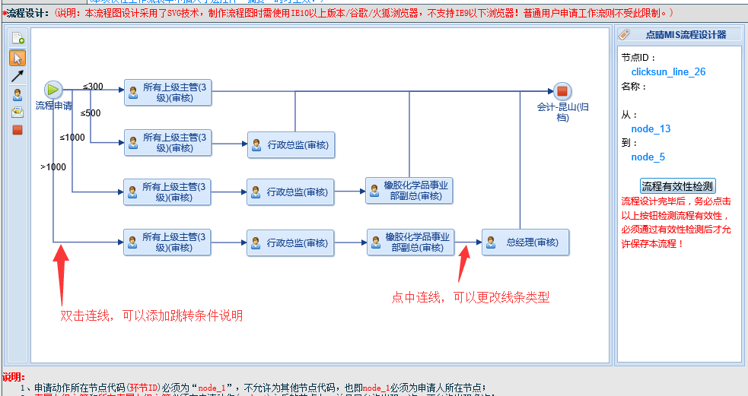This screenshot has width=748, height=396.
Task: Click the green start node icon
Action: click(x=53, y=90)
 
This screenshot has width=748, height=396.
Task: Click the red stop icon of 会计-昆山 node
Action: click(x=562, y=91)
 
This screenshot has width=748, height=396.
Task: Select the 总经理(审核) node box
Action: click(x=525, y=242)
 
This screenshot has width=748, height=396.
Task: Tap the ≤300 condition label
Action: click(x=93, y=86)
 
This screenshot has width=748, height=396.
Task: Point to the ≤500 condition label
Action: click(x=90, y=113)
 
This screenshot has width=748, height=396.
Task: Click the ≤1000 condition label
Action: click(x=72, y=138)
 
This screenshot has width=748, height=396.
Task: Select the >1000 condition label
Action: click(x=53, y=167)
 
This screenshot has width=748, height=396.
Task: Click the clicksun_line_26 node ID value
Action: click(x=668, y=71)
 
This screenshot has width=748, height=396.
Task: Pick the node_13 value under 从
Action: click(x=651, y=128)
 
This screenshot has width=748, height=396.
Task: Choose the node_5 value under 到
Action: click(x=648, y=157)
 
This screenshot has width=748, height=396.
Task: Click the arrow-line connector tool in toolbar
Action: click(x=18, y=76)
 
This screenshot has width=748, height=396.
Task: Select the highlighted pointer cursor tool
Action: click(x=18, y=58)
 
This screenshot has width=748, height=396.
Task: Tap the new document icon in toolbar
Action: click(x=18, y=38)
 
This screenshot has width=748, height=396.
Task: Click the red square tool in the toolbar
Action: click(x=18, y=130)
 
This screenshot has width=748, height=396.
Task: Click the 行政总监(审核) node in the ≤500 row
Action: click(x=291, y=144)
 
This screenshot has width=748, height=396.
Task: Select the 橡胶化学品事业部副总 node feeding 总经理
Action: click(x=410, y=242)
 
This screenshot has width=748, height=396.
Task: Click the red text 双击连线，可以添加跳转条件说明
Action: click(x=151, y=315)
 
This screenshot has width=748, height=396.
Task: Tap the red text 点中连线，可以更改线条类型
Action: click(x=470, y=297)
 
